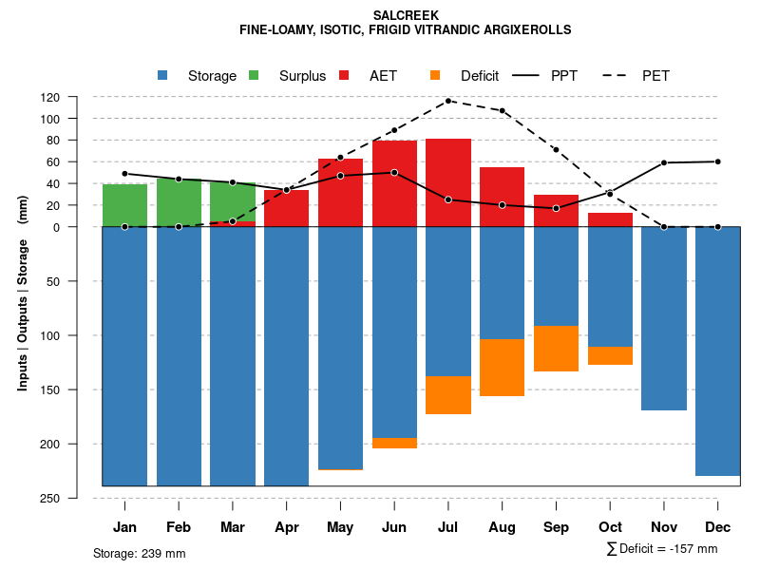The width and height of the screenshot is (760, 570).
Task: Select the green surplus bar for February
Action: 179,201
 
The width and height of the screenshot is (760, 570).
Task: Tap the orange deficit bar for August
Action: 503,368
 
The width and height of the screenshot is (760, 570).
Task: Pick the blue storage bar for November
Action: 664,318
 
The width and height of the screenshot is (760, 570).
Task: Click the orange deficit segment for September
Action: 557,349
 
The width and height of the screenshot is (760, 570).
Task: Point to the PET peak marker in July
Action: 448,101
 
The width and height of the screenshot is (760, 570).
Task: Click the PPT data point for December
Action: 718,161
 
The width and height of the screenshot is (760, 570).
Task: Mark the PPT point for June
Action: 394,173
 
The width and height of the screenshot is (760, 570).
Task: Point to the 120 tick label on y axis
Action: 77,98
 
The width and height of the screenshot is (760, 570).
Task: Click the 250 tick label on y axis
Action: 77,499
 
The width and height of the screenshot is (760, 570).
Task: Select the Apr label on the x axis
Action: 287,527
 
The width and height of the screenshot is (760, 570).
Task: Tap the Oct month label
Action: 611,527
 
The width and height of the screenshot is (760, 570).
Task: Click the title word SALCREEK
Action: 406,16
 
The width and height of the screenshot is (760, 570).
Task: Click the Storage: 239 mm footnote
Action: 140,553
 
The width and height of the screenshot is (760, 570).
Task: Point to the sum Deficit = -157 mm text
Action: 662,549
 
